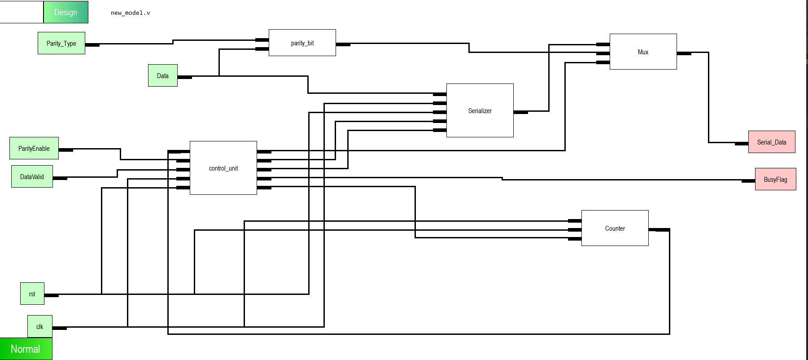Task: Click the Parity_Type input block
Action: tap(61, 43)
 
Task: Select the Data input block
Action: tap(162, 75)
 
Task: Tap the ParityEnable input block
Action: tap(34, 148)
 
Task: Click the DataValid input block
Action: tap(32, 176)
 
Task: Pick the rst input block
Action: tap(32, 294)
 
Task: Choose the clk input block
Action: tap(39, 326)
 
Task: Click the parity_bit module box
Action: tap(302, 43)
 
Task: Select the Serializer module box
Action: tap(480, 110)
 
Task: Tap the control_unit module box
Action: tap(223, 168)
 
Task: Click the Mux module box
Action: tap(643, 52)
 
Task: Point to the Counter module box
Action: tap(615, 228)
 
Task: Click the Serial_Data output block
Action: tap(771, 142)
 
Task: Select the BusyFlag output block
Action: tap(775, 179)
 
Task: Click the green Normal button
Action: tap(26, 349)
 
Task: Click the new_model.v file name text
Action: tap(130, 13)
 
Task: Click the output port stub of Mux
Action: tap(684, 53)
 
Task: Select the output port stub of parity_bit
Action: tap(343, 44)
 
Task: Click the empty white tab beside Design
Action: tap(21, 12)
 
